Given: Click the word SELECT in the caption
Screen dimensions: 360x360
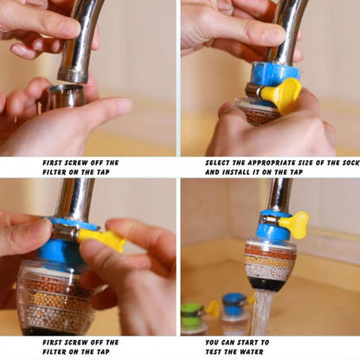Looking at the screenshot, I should (218, 163).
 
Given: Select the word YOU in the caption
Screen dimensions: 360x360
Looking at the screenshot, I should (214, 342).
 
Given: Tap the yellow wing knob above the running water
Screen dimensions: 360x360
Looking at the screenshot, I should (297, 225).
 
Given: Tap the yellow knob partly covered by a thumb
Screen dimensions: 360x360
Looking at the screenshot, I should (281, 94).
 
